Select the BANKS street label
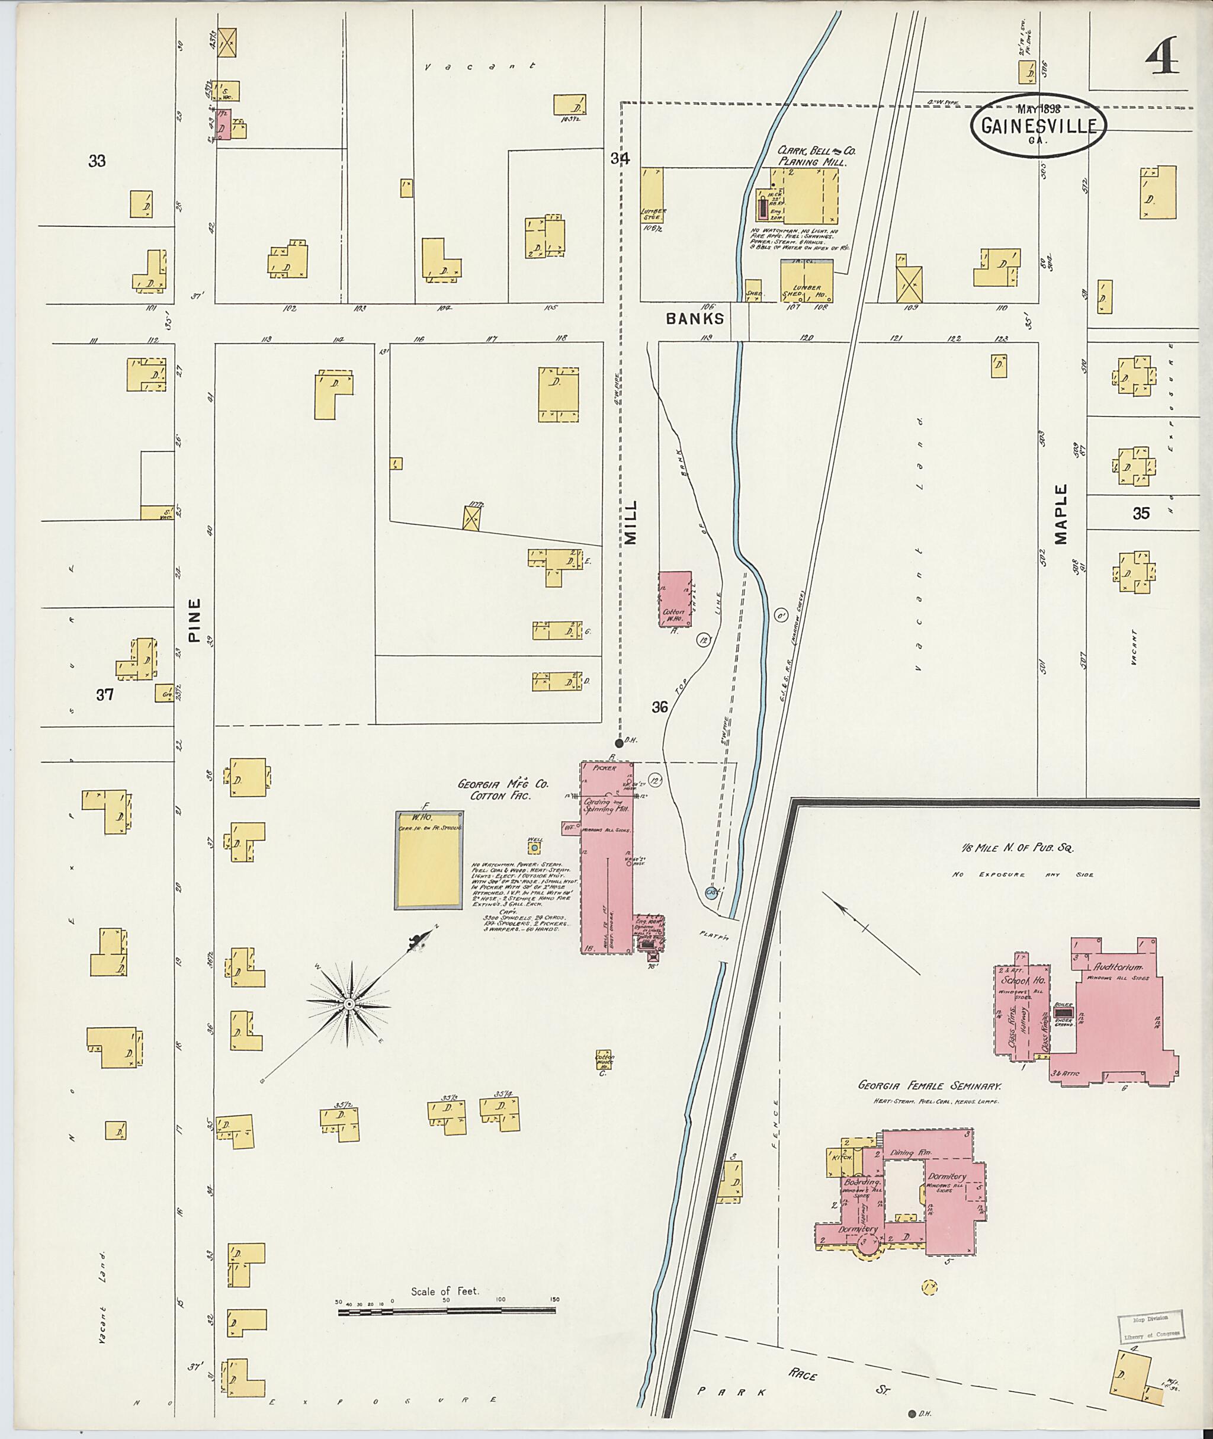tap(695, 319)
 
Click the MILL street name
tap(631, 522)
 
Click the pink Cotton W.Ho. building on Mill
tap(675, 598)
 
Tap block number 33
tap(97, 161)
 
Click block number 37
tap(104, 695)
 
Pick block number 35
tap(1141, 513)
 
